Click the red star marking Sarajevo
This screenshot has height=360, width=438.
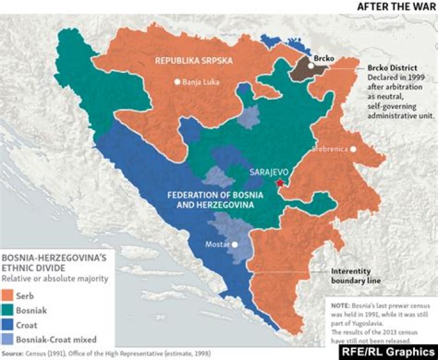[279, 182]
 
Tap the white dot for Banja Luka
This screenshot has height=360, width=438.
[177, 81]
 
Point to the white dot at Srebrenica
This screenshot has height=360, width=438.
[353, 148]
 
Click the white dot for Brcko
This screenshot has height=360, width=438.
[310, 66]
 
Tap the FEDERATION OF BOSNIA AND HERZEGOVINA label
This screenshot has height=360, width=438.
[210, 201]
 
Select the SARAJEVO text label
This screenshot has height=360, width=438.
[269, 172]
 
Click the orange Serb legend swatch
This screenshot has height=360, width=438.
[10, 295]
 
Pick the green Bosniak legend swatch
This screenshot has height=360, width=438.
[10, 310]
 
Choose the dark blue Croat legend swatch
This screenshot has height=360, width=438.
[10, 325]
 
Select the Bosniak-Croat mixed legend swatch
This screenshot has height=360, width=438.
[10, 340]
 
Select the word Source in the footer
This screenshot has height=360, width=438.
[13, 353]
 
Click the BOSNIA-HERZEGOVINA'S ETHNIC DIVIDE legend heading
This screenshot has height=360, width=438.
[54, 263]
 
